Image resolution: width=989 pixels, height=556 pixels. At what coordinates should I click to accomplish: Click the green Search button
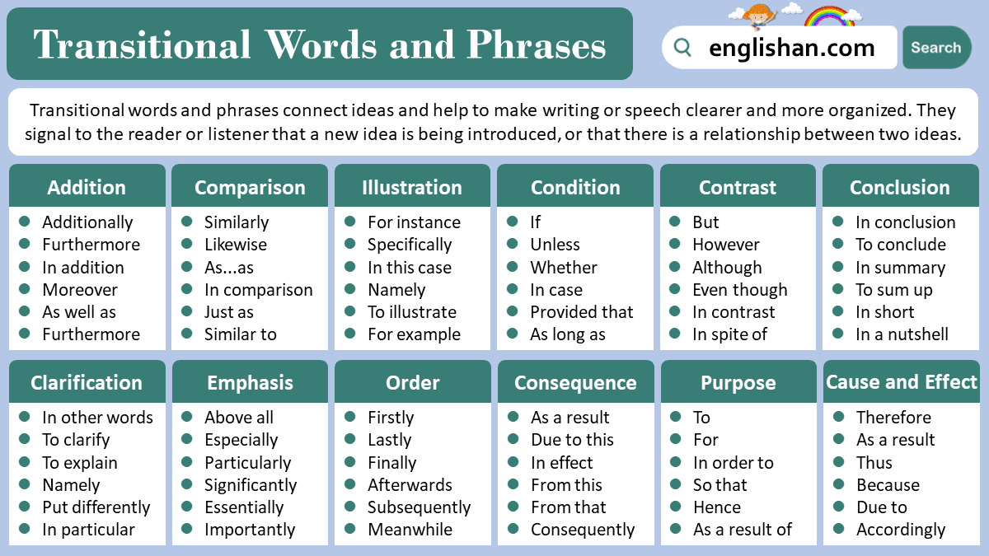936,48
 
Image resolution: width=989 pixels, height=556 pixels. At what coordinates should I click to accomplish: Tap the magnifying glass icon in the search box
682,48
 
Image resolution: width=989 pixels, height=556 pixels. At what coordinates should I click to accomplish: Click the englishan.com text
791,48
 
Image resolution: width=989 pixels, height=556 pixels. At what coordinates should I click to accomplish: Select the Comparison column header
250,188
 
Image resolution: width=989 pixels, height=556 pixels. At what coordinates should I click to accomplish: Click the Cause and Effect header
901,382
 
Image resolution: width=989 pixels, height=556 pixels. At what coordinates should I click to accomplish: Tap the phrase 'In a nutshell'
902,334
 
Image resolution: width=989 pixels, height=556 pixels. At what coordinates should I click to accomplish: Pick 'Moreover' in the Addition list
80,290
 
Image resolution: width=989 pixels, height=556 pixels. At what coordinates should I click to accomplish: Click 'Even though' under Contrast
739,290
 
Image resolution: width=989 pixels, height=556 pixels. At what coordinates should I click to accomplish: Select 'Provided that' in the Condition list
582,312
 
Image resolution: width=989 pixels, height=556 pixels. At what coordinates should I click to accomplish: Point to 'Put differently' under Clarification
96,507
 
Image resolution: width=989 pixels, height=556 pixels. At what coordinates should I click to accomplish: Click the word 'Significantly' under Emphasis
251,485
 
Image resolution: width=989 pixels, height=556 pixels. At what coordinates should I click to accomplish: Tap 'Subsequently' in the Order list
420,507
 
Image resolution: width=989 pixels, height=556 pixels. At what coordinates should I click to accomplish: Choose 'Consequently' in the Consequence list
583,530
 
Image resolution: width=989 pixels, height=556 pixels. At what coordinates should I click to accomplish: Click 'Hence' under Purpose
717,507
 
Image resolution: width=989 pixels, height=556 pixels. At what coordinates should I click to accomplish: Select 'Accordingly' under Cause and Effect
901,530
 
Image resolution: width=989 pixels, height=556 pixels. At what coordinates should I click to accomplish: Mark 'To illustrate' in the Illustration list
412,312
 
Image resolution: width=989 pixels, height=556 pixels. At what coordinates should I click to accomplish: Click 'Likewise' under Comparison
236,245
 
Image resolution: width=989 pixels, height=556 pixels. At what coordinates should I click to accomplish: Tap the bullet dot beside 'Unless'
513,245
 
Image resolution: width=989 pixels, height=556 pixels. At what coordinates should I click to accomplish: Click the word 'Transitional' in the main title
142,44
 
